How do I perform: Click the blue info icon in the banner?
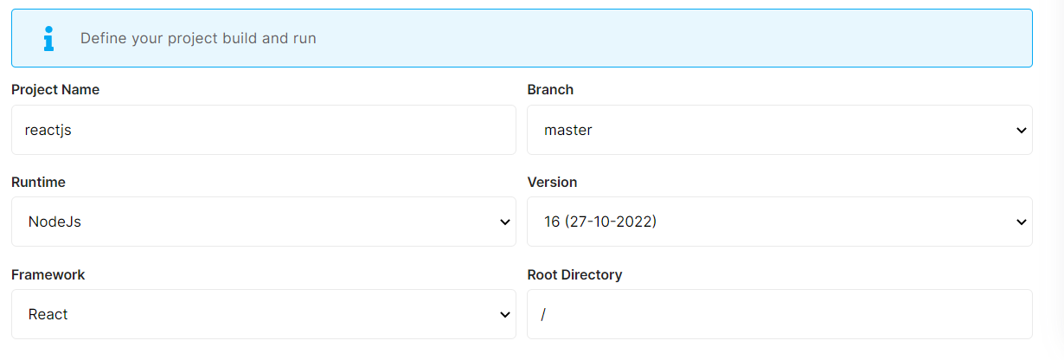pyautogui.click(x=48, y=38)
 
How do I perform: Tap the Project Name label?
pyautogui.click(x=55, y=90)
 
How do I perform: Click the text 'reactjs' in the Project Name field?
pyautogui.click(x=48, y=131)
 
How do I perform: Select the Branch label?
pyautogui.click(x=550, y=90)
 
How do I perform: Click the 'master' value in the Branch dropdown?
pyautogui.click(x=568, y=131)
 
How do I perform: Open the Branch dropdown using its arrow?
pyautogui.click(x=1021, y=131)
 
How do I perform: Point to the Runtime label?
pyautogui.click(x=38, y=183)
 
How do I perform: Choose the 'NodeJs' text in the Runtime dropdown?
pyautogui.click(x=54, y=222)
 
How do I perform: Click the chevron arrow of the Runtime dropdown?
pyautogui.click(x=505, y=222)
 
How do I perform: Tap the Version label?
pyautogui.click(x=552, y=183)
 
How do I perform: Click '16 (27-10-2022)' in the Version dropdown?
pyautogui.click(x=600, y=222)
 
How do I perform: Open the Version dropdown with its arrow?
pyautogui.click(x=1021, y=222)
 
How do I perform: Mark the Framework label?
pyautogui.click(x=48, y=275)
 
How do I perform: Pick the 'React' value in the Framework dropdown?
pyautogui.click(x=48, y=315)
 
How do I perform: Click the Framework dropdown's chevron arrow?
pyautogui.click(x=505, y=315)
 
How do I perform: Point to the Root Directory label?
pyautogui.click(x=574, y=275)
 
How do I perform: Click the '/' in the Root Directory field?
pyautogui.click(x=543, y=315)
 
